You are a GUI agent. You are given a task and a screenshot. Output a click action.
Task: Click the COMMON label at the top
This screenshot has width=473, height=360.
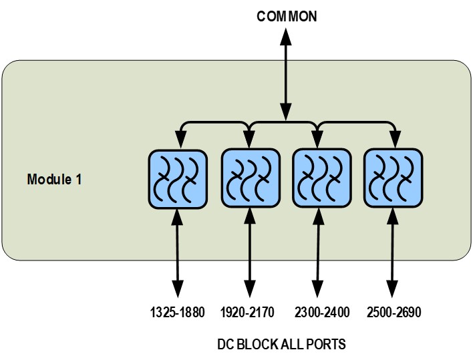tap(287, 16)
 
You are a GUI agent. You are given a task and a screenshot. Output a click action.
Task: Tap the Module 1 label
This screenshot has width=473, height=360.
tap(55, 180)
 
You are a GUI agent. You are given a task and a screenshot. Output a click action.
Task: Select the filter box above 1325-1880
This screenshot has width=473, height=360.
tap(176, 178)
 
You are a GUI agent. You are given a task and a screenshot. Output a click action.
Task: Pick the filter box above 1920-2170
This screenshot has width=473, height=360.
tap(249, 178)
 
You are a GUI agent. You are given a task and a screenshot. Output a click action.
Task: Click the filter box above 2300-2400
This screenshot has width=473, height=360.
tap(321, 178)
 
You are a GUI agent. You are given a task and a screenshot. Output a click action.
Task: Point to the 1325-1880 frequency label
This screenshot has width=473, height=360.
tap(177, 312)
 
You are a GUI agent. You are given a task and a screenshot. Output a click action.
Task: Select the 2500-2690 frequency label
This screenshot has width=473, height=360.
tap(394, 312)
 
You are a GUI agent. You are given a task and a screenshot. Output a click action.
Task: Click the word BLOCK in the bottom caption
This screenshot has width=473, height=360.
tap(257, 345)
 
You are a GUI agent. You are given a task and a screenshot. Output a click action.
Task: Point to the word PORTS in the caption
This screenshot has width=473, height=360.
tap(325, 345)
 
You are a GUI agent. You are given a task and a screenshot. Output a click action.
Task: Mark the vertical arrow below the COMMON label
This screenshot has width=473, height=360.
tap(286, 73)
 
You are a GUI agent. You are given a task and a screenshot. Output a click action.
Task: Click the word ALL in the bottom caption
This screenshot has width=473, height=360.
tap(291, 345)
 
